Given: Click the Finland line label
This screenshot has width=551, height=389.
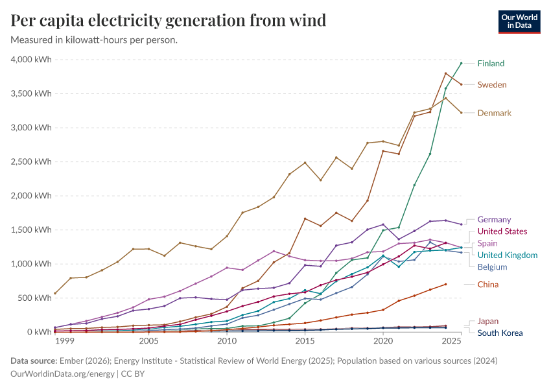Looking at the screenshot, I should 491,64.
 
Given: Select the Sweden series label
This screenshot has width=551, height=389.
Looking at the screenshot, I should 492,85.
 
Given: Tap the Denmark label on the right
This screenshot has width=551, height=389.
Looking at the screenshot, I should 494,113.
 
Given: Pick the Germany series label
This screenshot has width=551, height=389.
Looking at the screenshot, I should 494,220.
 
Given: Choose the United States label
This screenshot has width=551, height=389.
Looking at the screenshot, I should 502,231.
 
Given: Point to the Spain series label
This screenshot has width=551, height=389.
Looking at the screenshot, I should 487,243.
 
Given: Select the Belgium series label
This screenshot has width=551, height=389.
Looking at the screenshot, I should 491,266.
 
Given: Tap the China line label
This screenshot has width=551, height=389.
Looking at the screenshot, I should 488,285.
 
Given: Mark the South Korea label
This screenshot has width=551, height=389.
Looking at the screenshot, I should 500,333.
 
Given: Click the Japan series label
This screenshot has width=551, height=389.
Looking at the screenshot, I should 488,322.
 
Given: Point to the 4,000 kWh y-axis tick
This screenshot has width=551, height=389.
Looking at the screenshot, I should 31,60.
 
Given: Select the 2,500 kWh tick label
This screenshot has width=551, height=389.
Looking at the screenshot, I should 31,162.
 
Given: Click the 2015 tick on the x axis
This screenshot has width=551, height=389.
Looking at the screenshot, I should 305,341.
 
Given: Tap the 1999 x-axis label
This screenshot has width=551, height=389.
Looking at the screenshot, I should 64,341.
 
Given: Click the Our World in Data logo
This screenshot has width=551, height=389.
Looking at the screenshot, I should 519,21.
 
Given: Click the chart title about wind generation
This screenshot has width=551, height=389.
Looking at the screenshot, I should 169,21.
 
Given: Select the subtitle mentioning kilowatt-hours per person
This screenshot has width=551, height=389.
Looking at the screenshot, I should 95,40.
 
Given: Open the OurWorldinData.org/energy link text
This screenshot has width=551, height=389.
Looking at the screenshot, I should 60,375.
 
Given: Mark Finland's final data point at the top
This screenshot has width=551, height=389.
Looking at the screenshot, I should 461,64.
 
